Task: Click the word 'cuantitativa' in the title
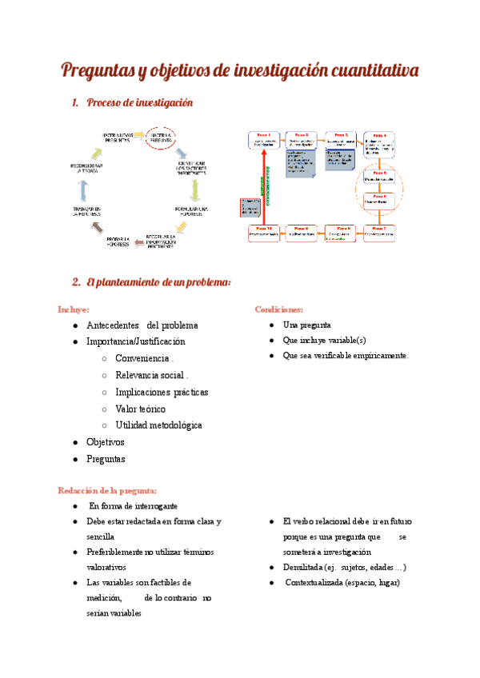[369, 70]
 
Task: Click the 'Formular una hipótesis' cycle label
[192, 210]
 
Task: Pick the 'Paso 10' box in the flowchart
[264, 233]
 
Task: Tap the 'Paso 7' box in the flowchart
[380, 232]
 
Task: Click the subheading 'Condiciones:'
[278, 309]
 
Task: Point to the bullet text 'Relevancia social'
[151, 375]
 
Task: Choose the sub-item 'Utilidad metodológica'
[158, 425]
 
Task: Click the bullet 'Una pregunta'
[306, 325]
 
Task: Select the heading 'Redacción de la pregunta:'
[106, 490]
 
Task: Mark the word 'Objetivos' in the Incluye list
[106, 441]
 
